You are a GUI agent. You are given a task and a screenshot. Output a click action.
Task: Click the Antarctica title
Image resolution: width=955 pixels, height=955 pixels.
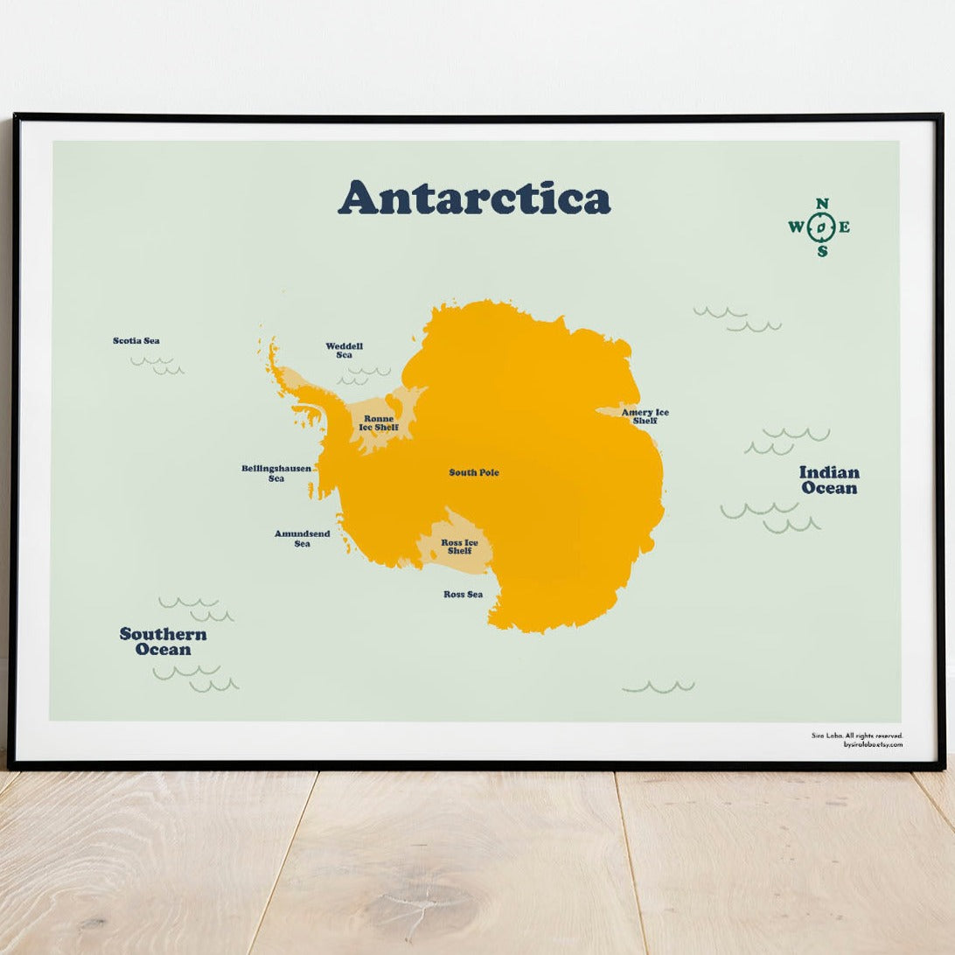[x=474, y=198]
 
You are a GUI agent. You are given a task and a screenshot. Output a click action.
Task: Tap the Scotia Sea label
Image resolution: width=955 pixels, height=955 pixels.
[x=136, y=341]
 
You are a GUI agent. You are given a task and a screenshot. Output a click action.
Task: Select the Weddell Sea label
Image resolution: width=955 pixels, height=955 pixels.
[x=344, y=351]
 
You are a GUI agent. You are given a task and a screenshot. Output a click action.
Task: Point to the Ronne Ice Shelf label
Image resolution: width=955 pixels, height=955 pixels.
[x=379, y=423]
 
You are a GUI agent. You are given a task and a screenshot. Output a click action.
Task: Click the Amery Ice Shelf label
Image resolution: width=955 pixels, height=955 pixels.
[x=645, y=416]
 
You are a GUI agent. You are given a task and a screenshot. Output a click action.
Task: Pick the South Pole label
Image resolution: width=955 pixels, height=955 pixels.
[x=474, y=473]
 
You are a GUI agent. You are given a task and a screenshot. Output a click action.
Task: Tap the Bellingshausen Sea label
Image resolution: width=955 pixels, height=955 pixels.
[x=276, y=473]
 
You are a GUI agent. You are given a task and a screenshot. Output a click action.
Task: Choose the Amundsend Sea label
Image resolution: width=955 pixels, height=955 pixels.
[x=303, y=539]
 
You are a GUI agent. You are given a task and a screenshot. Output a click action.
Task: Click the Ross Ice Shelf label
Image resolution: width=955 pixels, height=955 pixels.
[x=459, y=547]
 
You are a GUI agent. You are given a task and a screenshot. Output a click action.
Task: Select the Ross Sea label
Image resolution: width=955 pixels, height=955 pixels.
[x=463, y=595]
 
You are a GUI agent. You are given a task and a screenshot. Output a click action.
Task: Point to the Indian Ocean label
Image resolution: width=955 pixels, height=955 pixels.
[x=829, y=480]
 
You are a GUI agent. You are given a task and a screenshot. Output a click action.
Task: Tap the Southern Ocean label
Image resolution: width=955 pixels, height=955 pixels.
[x=164, y=642]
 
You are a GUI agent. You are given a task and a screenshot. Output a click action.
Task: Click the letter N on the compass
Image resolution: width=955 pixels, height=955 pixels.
[x=822, y=205]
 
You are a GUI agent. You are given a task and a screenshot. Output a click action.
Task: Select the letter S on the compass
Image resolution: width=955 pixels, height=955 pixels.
[x=822, y=252]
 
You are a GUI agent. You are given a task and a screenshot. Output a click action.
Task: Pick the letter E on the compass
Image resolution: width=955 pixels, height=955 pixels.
[x=845, y=228]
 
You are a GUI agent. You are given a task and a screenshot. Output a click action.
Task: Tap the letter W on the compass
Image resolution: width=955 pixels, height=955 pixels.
[x=797, y=228]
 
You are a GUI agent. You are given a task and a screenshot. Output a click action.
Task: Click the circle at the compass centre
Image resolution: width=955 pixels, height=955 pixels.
[x=821, y=228]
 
